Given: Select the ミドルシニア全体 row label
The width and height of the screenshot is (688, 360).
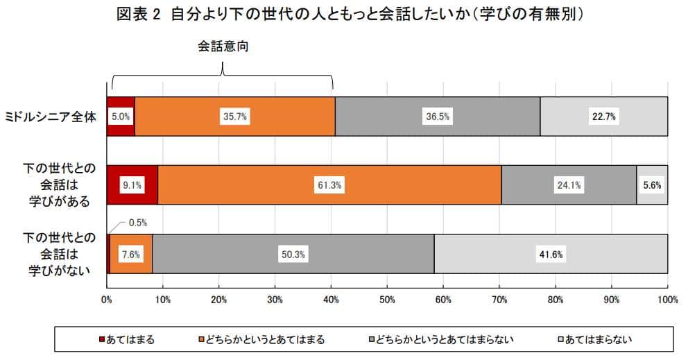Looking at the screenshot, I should point(51,117).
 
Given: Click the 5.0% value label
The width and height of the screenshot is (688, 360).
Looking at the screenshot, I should point(120,117).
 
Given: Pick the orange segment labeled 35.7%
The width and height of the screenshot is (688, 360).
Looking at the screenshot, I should point(234,117).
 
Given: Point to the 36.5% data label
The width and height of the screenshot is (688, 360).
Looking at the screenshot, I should point(437,117).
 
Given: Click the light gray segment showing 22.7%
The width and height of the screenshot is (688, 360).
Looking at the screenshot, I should point(603,117).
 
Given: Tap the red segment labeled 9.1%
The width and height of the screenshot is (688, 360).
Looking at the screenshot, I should point(132,185).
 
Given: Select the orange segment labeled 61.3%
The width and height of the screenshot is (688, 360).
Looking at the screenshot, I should point(329,185).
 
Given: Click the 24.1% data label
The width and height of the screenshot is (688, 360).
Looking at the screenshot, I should point(569,185).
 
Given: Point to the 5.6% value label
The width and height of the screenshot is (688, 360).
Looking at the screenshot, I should point(652,185).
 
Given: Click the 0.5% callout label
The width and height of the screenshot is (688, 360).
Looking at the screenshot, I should point(137,223).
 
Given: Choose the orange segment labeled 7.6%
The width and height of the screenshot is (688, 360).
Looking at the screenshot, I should point(130,254).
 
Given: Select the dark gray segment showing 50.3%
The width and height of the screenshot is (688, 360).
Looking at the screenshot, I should point(293,254).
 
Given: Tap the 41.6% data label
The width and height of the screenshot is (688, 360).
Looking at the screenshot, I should point(551,254).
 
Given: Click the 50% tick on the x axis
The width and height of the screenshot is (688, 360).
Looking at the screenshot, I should point(387,300).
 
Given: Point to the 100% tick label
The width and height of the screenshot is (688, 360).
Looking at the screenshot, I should point(666,300).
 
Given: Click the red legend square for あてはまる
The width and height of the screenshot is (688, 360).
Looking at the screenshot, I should point(101,339).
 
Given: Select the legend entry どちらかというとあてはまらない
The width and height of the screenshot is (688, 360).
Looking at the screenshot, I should point(443,339).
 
